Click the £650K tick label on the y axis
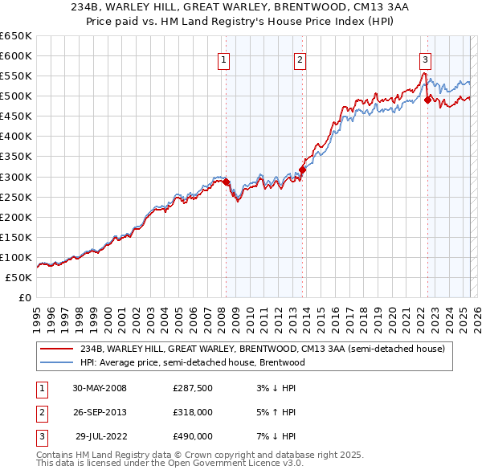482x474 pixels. point(16,36)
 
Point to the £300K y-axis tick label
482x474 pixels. point(16,177)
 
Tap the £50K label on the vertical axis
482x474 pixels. point(18,277)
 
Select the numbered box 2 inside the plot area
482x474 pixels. point(300,59)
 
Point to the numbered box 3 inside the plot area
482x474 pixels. point(424,59)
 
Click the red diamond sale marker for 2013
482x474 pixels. point(302,170)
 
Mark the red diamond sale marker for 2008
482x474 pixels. point(227,182)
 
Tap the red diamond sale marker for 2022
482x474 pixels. point(427,100)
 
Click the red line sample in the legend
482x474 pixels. point(57,348)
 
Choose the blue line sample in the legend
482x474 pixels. point(57,362)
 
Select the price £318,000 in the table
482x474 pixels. point(193,413)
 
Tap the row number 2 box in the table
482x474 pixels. point(40,413)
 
